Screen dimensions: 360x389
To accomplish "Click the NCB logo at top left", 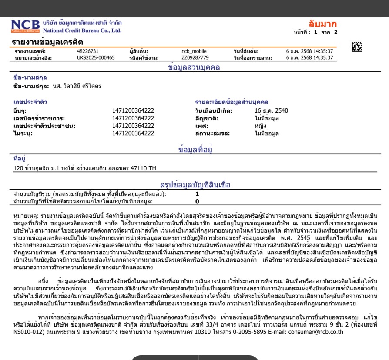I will (x=26, y=26).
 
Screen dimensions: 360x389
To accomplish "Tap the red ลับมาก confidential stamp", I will (x=322, y=24).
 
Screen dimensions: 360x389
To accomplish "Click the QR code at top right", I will (x=357, y=47).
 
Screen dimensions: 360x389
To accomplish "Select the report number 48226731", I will (x=88, y=51).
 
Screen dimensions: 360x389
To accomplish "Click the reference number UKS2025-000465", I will (x=96, y=57).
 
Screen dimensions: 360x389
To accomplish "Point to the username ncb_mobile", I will (x=194, y=51).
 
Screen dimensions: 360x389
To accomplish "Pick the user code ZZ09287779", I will (x=195, y=57).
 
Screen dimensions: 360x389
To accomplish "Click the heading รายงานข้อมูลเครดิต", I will (x=47, y=42).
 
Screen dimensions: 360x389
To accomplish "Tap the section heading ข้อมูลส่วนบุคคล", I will (x=194, y=67).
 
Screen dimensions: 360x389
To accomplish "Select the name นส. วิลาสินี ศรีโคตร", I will (x=77, y=86).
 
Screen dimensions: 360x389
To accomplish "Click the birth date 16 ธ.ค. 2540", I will (x=271, y=110).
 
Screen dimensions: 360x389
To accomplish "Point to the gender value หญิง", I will (x=261, y=126).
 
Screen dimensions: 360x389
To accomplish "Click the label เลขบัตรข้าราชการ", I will (x=39, y=118).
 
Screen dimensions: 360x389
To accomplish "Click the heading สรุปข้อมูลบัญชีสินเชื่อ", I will (x=195, y=185).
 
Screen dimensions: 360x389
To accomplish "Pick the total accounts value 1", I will (x=197, y=194).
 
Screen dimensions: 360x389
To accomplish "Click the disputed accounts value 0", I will (x=197, y=201).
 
